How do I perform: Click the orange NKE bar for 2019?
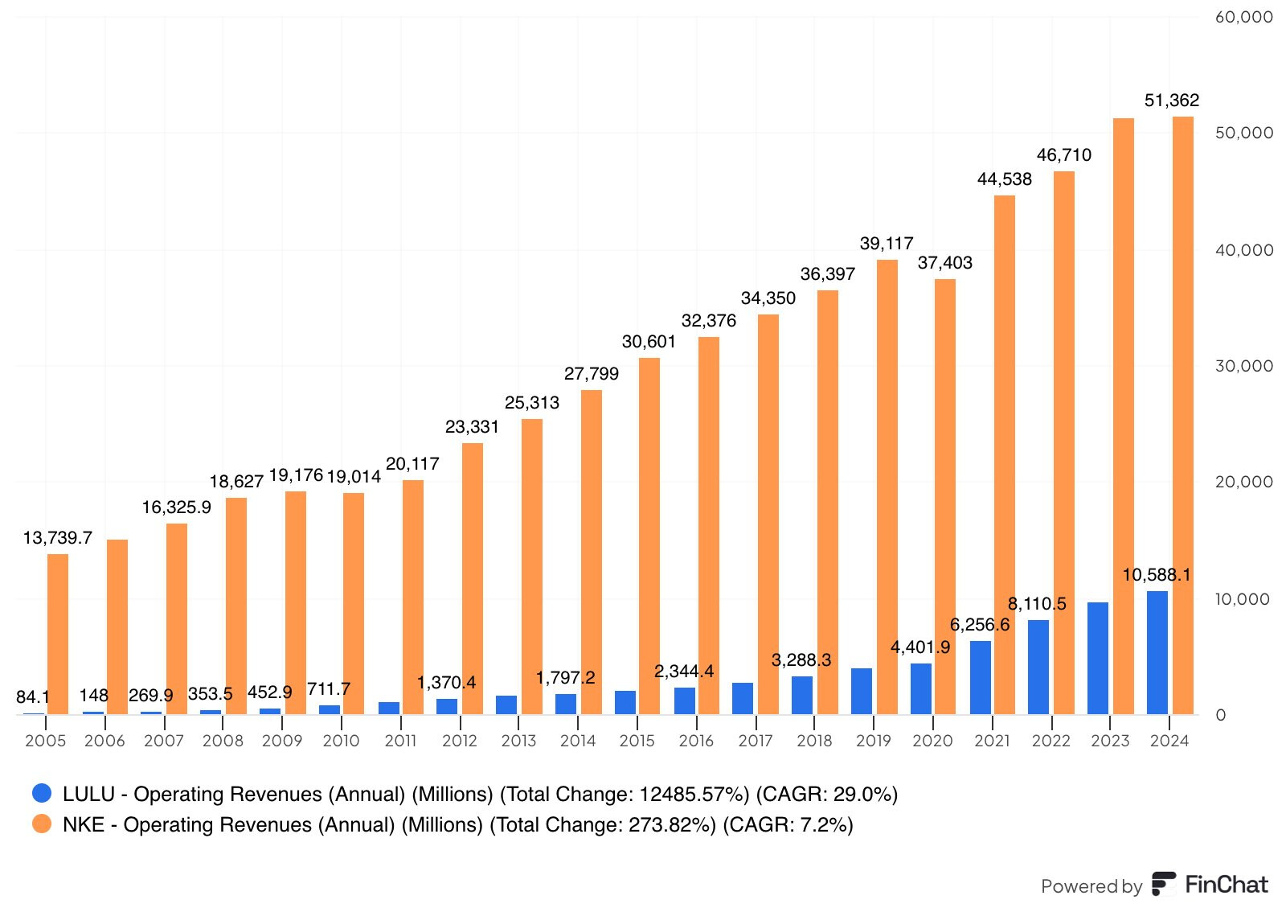[x=887, y=487]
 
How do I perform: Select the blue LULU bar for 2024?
[x=1157, y=652]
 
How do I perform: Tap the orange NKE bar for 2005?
[x=58, y=634]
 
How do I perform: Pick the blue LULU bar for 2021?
[x=980, y=677]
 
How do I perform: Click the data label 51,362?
[x=1171, y=101]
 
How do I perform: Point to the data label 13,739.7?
[x=57, y=537]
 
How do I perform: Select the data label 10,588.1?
[x=1156, y=575]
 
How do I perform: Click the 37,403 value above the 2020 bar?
[x=944, y=263]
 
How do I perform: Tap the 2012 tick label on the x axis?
[x=459, y=741]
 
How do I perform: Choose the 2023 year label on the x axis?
[x=1109, y=741]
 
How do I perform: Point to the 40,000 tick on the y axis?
[x=1243, y=250]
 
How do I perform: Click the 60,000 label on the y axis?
[x=1243, y=17]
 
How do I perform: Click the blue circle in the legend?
[x=42, y=793]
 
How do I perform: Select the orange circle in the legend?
[x=42, y=824]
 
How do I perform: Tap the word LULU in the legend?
[x=88, y=794]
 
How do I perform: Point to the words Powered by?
[x=1091, y=886]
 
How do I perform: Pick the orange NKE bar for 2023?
[x=1123, y=416]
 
